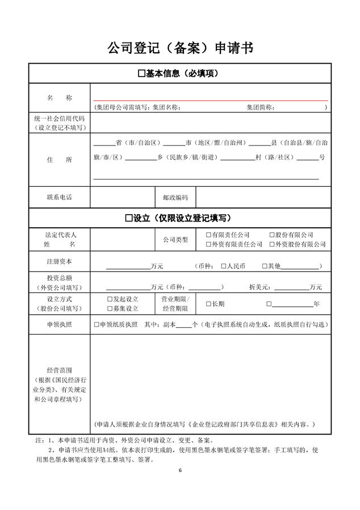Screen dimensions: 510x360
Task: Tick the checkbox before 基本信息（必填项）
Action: click(141, 74)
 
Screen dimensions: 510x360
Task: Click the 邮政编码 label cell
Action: click(175, 197)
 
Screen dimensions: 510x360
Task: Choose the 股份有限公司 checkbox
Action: click(272, 235)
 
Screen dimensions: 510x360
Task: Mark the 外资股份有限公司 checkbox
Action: click(272, 245)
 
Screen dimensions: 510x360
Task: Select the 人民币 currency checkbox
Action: click(223, 266)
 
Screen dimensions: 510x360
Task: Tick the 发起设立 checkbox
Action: click(110, 299)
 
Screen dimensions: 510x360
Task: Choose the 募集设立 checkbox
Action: click(110, 308)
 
